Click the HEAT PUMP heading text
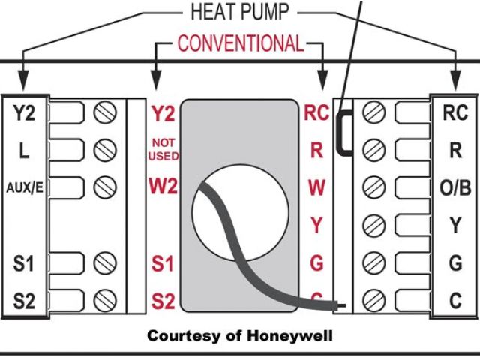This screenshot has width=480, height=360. (x=240, y=12)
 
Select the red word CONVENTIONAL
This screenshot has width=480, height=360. (x=241, y=43)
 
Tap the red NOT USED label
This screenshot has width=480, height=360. (x=163, y=148)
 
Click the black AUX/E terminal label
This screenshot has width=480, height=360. (x=24, y=187)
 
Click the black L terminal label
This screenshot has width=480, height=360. (x=24, y=151)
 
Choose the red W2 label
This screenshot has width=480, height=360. (x=163, y=186)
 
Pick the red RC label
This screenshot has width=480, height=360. (x=316, y=113)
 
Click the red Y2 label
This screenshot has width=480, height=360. (x=163, y=114)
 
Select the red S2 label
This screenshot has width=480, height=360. (x=163, y=301)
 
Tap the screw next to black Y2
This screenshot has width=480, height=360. (x=105, y=114)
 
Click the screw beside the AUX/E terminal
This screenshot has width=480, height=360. (x=105, y=187)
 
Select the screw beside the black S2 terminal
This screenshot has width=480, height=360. (x=105, y=301)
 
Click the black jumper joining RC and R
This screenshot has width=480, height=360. (x=341, y=132)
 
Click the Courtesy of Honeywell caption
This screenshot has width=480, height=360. (x=239, y=334)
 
